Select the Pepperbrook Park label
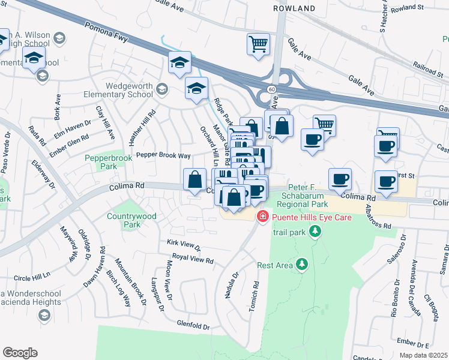[x=99, y=161]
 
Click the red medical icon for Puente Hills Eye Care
[x=262, y=217]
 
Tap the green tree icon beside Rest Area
[x=302, y=264]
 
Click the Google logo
[x=20, y=353]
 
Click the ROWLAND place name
[x=294, y=8]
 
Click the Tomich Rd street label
[x=255, y=297]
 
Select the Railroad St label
[x=427, y=69]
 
